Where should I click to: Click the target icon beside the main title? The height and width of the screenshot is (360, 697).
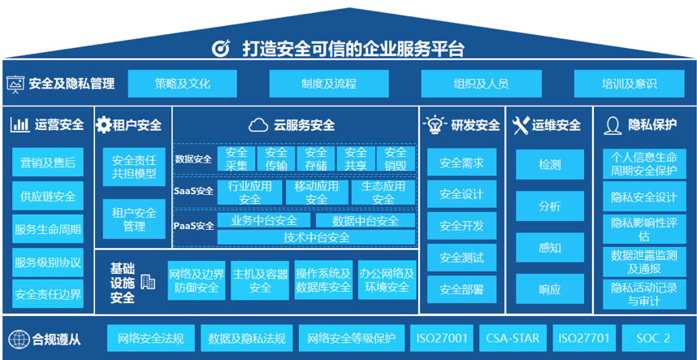point(221,48)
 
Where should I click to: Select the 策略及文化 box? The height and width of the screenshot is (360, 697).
point(182,84)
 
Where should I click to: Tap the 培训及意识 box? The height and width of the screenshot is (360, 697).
point(629,84)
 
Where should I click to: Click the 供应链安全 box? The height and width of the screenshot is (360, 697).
point(48,196)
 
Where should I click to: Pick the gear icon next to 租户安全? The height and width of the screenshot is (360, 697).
point(103,125)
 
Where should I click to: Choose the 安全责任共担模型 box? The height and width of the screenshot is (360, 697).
point(134,167)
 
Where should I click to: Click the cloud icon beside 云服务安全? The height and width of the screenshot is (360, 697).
point(258,125)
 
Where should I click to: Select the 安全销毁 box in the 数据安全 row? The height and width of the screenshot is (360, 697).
point(396,158)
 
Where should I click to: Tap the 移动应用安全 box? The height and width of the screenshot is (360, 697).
point(316,193)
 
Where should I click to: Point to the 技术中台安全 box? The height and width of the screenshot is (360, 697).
point(316,237)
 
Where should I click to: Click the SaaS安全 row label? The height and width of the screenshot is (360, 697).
point(193,192)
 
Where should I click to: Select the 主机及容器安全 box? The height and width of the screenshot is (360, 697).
point(260,280)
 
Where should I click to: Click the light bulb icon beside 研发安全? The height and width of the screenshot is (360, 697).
point(434,125)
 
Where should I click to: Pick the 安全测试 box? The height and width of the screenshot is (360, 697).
point(461,258)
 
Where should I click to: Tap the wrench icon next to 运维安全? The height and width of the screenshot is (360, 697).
point(520,125)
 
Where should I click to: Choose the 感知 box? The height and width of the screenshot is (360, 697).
point(549,248)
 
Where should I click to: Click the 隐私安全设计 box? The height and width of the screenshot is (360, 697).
point(644,197)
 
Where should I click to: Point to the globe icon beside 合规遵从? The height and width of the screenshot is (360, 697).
point(17,339)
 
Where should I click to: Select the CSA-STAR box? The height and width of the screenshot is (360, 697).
point(513,338)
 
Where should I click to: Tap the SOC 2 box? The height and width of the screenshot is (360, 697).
point(653,338)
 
